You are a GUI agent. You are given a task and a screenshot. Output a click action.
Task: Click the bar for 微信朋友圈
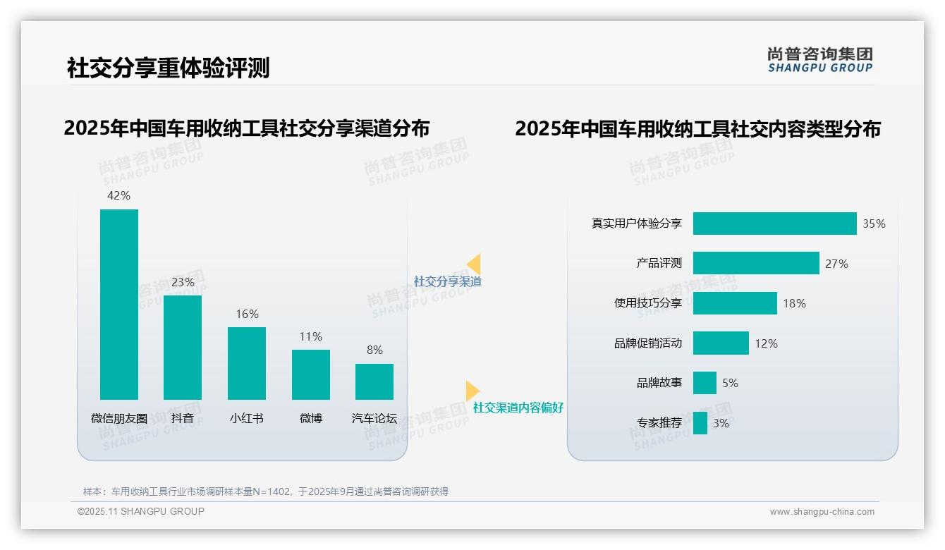[119, 304]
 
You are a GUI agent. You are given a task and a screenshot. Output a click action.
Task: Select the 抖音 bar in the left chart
[183, 347]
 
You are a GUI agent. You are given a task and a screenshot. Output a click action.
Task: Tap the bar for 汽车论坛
[374, 381]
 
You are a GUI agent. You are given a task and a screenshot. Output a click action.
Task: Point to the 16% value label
[247, 314]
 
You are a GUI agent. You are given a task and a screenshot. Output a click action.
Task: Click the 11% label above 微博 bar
[310, 337]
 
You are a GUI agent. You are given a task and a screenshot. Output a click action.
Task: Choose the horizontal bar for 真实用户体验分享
[774, 224]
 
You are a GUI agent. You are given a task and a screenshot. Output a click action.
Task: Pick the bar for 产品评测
[756, 263]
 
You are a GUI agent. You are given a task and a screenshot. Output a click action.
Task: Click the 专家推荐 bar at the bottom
[700, 423]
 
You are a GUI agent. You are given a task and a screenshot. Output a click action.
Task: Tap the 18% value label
[794, 304]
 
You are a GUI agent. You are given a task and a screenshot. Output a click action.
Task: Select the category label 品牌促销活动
[648, 343]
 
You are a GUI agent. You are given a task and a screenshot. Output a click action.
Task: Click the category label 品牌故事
[659, 383]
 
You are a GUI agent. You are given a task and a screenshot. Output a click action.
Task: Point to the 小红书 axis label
[247, 418]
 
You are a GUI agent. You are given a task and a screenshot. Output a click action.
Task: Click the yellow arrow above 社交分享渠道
[474, 264]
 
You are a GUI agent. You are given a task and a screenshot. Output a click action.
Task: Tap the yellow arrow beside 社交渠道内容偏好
[472, 391]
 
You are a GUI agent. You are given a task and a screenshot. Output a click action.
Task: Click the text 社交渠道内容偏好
[518, 408]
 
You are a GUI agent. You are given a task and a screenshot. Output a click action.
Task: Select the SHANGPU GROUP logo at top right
[820, 60]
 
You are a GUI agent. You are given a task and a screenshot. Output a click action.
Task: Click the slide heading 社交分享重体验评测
[168, 68]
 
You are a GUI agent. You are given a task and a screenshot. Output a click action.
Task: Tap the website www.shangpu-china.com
[822, 512]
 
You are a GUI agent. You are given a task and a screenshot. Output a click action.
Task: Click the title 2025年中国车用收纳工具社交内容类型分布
[697, 129]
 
